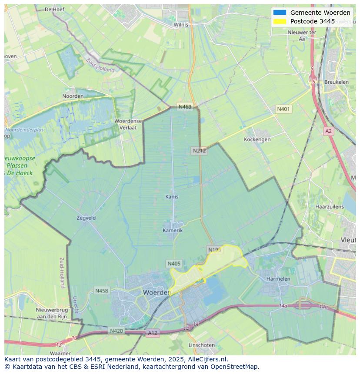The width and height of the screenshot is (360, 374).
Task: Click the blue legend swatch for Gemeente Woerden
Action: pos(280,13)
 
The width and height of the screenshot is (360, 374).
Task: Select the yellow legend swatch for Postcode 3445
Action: pos(280,21)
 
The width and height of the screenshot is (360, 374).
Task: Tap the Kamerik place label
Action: pos(173,230)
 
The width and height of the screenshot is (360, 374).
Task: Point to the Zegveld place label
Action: pos(86,218)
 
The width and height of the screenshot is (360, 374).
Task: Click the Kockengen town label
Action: pos(257,139)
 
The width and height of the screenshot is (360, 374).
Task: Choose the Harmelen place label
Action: pos(278,278)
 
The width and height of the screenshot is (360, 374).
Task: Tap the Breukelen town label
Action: pos(336,82)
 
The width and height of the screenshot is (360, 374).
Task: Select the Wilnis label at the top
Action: pos(181,25)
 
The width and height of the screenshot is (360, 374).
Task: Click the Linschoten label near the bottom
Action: pos(201,345)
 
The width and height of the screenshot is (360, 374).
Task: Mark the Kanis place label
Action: pos(172,197)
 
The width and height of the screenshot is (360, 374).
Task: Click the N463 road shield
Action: pos(185,107)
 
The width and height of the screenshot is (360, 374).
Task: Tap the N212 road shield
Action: pos(199,151)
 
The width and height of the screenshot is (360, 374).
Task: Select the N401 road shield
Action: pos(283,109)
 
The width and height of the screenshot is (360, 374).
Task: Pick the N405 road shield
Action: pos(173,264)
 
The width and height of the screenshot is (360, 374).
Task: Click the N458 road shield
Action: pos(102,291)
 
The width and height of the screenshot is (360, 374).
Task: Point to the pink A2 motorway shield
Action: pos(328,131)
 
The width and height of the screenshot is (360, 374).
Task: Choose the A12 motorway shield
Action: pos(153,333)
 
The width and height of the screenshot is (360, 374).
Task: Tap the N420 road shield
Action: pos(116,331)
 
